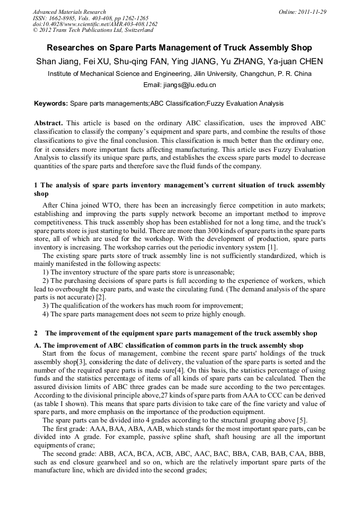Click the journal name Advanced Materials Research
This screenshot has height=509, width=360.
coord(69,12)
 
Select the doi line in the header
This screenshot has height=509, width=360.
coord(95,24)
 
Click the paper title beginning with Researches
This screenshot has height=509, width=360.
coord(179,48)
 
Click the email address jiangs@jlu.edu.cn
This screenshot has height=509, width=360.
coord(193,85)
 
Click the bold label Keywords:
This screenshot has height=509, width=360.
coord(51,103)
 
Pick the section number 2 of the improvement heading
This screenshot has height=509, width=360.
coord(36,333)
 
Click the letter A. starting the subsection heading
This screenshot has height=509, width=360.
coord(38,344)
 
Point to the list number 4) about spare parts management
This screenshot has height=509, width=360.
coord(46,314)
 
